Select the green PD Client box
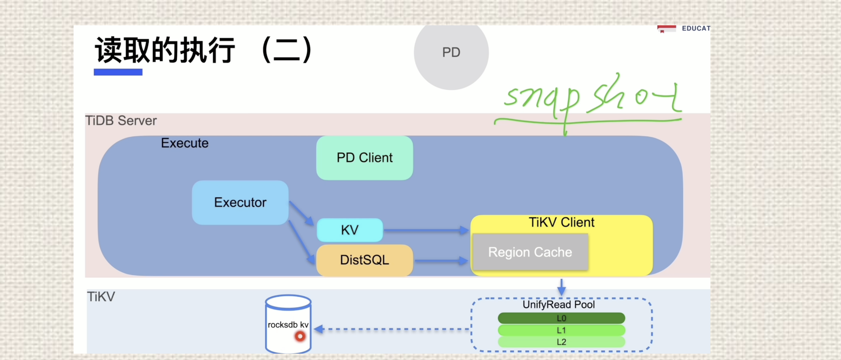pyautogui.click(x=364, y=158)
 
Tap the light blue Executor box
pyautogui.click(x=240, y=203)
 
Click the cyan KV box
pyautogui.click(x=350, y=230)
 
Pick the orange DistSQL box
pyautogui.click(x=364, y=260)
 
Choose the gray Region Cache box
pyautogui.click(x=530, y=252)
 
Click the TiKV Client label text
pyautogui.click(x=561, y=222)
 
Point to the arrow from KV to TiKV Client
pyautogui.click(x=425, y=230)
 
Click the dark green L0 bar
pyautogui.click(x=561, y=318)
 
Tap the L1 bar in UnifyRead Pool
pyautogui.click(x=561, y=330)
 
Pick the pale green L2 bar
pyautogui.click(x=561, y=342)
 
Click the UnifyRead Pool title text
pyautogui.click(x=559, y=305)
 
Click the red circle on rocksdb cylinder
pyautogui.click(x=300, y=336)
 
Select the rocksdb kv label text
pyautogui.click(x=288, y=325)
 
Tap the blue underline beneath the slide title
pyautogui.click(x=118, y=72)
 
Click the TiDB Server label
pyautogui.click(x=121, y=121)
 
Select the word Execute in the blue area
pyautogui.click(x=184, y=143)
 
